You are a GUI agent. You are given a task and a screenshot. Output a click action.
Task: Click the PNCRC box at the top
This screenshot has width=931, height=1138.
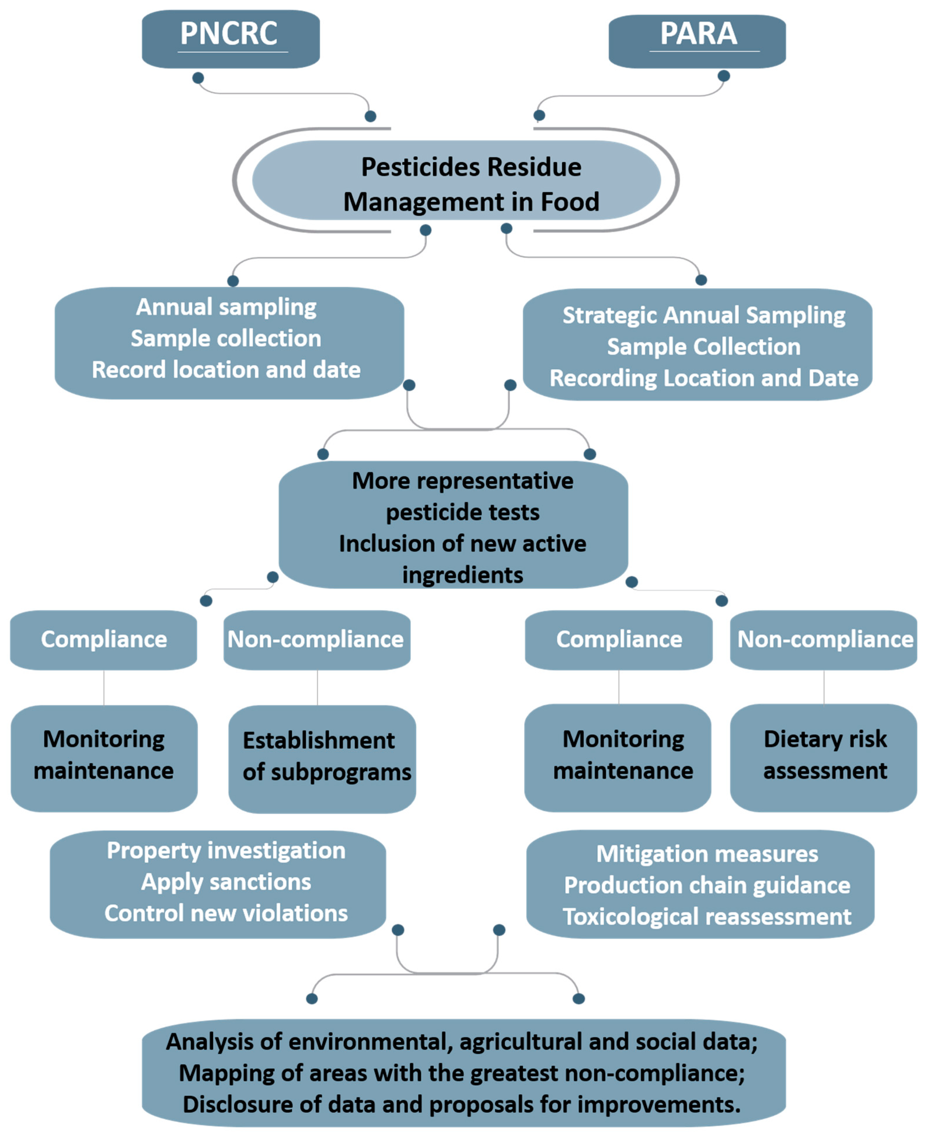[x=231, y=39]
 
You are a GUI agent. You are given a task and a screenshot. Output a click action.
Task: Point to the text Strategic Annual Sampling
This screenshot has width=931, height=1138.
[x=704, y=315]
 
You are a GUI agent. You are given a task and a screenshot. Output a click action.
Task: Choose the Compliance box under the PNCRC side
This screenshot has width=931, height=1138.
[x=104, y=640]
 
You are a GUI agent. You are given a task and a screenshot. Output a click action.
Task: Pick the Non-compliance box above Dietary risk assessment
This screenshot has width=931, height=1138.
[x=824, y=640]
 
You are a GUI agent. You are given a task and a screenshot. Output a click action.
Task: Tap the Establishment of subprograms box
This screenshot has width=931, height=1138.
[x=322, y=757]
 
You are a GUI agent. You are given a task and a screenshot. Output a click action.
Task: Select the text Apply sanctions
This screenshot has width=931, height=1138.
[x=226, y=882]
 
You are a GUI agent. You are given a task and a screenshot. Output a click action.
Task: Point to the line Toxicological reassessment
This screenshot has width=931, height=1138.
[x=707, y=917]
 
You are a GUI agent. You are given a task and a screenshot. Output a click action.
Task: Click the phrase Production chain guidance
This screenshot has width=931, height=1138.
[x=707, y=885]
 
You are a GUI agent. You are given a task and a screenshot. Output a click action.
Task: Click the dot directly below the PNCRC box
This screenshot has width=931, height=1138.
[x=198, y=78]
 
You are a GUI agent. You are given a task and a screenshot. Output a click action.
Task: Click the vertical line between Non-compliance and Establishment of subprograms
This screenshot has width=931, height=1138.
[x=318, y=687]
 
